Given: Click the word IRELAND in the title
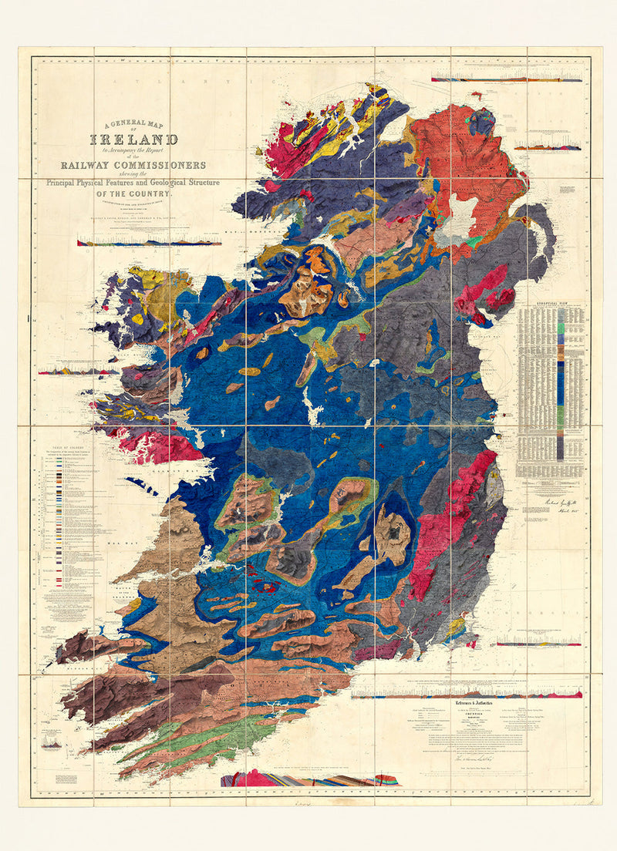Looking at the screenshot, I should tap(134, 140).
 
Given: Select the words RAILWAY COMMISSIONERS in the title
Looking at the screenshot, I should tap(134, 165).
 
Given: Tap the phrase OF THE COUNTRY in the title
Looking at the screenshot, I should tap(133, 194).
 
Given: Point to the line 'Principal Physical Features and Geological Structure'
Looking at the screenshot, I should tap(133, 183).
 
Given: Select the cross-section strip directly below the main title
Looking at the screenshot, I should tap(149, 242).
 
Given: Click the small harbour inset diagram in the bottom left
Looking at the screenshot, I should tap(52, 742).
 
